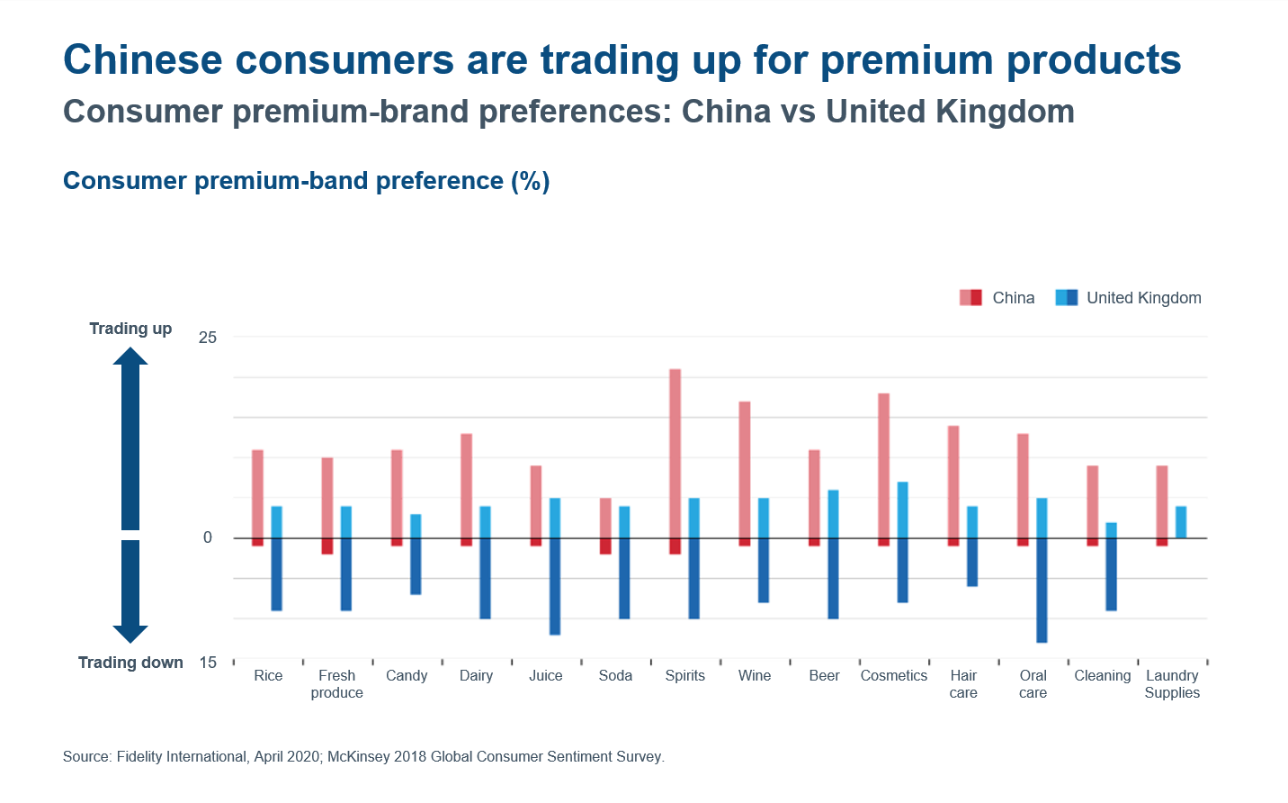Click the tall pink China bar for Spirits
pyautogui.click(x=675, y=453)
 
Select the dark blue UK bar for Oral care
pyautogui.click(x=1042, y=590)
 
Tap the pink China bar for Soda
pyautogui.click(x=605, y=518)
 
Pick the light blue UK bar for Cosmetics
pyautogui.click(x=902, y=510)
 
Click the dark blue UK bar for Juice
pyautogui.click(x=555, y=586)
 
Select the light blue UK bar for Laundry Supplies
pyautogui.click(x=1181, y=522)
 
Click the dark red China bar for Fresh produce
pyautogui.click(x=327, y=546)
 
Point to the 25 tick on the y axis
pyautogui.click(x=208, y=338)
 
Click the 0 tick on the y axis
pyautogui.click(x=208, y=537)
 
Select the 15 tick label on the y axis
pyautogui.click(x=208, y=663)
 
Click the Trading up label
pyautogui.click(x=130, y=329)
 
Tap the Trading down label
pyautogui.click(x=130, y=663)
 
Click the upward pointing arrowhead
pyautogui.click(x=130, y=356)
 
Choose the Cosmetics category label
pyautogui.click(x=893, y=676)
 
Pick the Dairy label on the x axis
pyautogui.click(x=476, y=676)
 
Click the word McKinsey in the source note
pyautogui.click(x=358, y=757)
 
